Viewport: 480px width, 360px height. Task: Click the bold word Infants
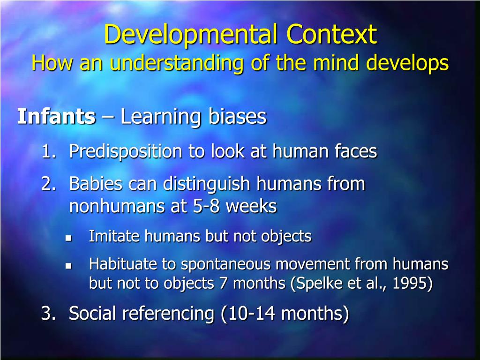(56, 117)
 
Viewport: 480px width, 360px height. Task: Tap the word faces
(356, 151)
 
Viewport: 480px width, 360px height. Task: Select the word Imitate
(114, 236)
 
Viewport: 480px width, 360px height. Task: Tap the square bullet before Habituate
(67, 266)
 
